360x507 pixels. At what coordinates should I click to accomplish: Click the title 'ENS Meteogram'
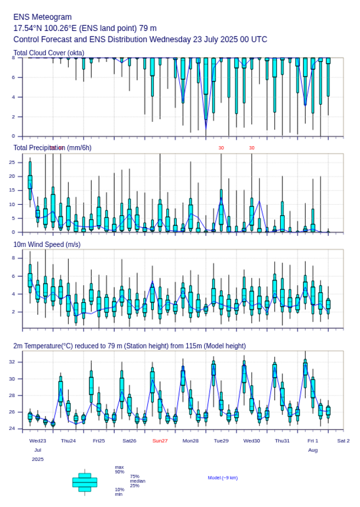(43, 17)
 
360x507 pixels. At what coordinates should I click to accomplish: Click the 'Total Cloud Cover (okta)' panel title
(49, 53)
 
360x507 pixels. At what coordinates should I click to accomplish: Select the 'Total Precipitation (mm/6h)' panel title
(52, 148)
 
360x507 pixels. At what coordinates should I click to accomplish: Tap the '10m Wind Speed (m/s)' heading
(47, 244)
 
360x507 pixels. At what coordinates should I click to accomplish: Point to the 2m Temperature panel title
(129, 346)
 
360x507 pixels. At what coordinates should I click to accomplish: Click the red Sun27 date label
(160, 441)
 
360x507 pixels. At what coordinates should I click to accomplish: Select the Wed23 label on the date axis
(38, 441)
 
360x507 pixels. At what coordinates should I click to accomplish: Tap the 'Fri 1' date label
(313, 441)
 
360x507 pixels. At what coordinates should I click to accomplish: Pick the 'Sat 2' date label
(343, 441)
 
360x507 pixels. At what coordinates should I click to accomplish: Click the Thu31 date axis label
(282, 441)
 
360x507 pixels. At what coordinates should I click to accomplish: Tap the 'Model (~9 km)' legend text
(223, 478)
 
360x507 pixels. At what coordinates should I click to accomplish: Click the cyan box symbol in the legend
(85, 482)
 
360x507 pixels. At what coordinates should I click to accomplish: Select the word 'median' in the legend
(138, 481)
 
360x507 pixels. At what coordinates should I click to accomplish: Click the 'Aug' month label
(313, 450)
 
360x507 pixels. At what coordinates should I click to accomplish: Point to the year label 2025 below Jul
(38, 459)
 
